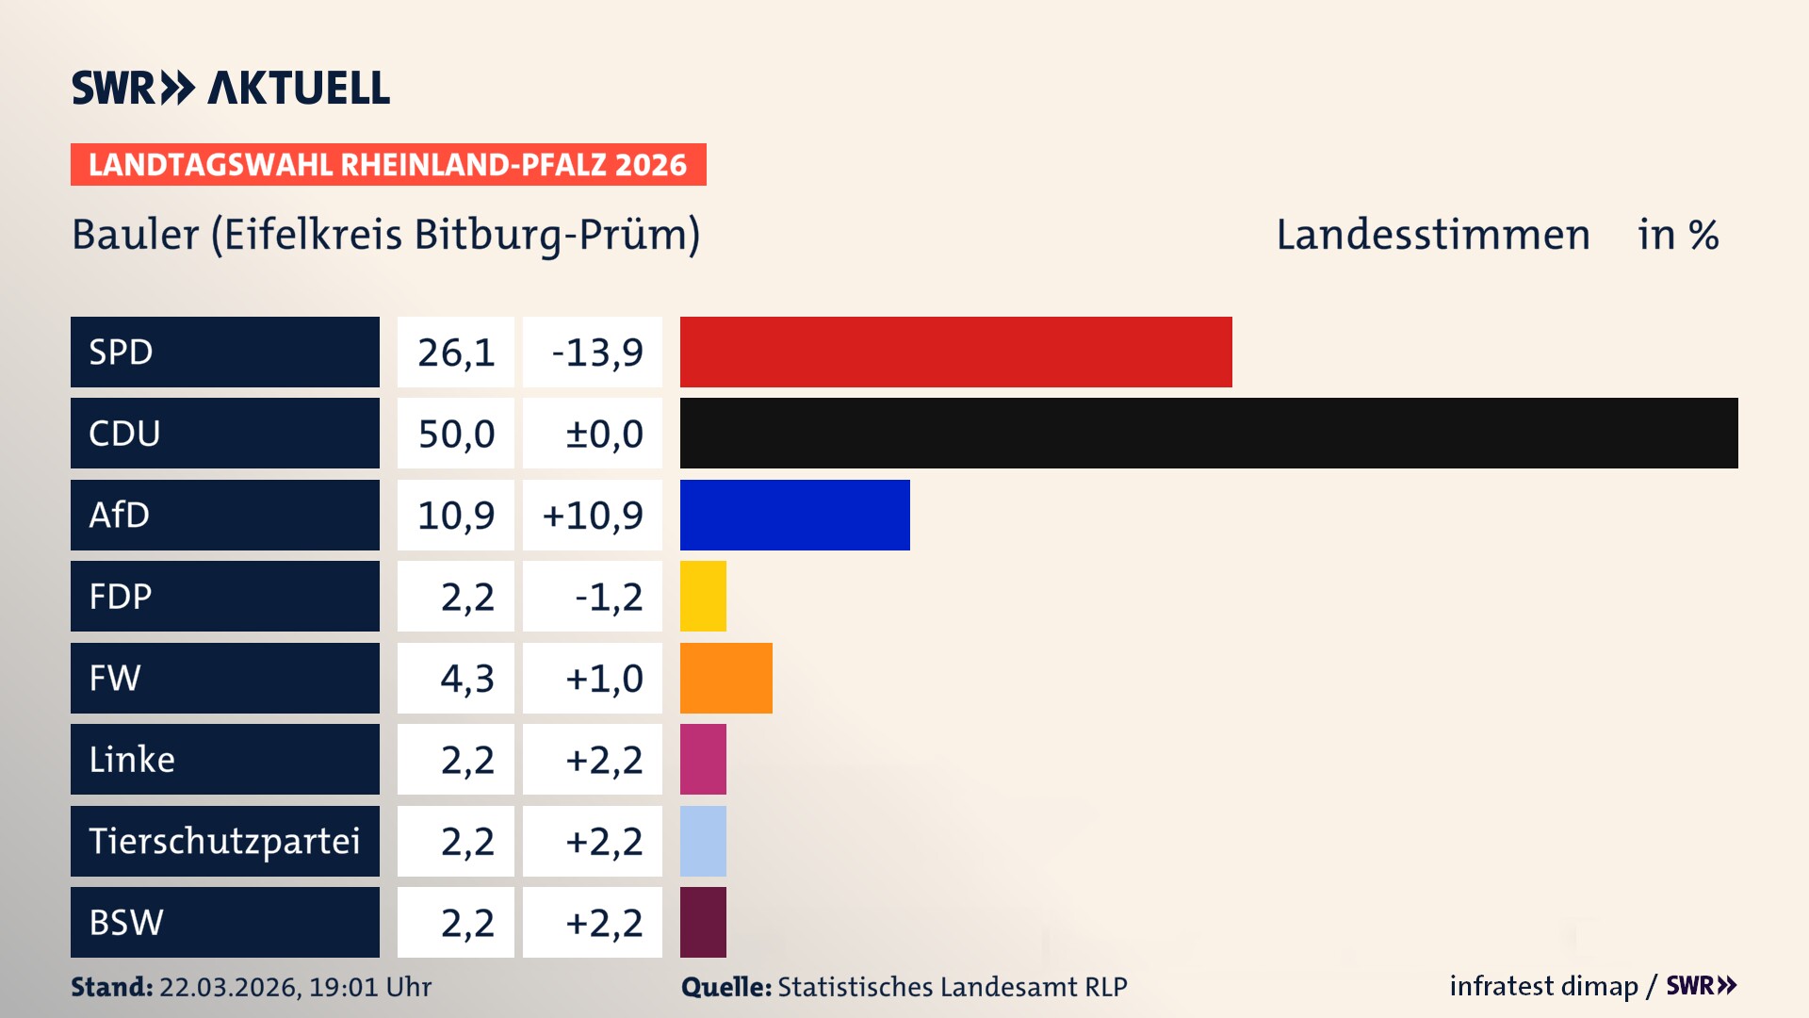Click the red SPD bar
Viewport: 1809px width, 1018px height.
[x=955, y=352]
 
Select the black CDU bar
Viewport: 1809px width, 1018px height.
[x=1208, y=433]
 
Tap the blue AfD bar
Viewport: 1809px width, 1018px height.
[x=794, y=515]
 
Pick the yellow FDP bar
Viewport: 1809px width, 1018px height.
[x=703, y=596]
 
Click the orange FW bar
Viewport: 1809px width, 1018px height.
[x=725, y=678]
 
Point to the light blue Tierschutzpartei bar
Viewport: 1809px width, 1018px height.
[x=703, y=841]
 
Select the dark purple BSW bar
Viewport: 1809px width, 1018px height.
[x=703, y=922]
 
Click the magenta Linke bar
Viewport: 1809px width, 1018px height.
[x=703, y=759]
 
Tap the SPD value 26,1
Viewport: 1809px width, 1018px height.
[x=456, y=353]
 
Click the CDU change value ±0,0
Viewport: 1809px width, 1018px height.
[x=603, y=434]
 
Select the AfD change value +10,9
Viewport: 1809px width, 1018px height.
[x=593, y=516]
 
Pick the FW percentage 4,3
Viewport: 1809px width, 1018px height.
[x=466, y=679]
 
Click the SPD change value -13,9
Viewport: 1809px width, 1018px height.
[x=596, y=353]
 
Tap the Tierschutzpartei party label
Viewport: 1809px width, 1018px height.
[x=224, y=841]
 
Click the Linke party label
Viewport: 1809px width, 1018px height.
[x=132, y=759]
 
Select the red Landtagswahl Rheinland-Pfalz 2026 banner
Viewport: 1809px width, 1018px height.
[x=387, y=165]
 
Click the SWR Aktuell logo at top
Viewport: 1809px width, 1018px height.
[x=231, y=88]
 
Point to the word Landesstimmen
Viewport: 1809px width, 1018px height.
[x=1432, y=235]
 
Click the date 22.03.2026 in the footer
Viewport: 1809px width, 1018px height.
[x=229, y=987]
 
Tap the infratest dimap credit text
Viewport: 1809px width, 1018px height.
[x=1542, y=986]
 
